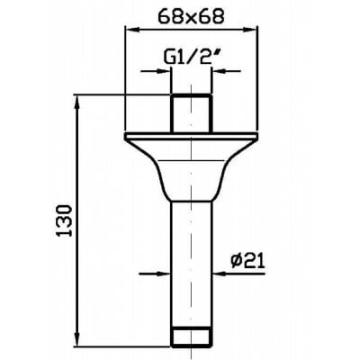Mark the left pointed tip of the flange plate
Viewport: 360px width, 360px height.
tap(124, 138)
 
